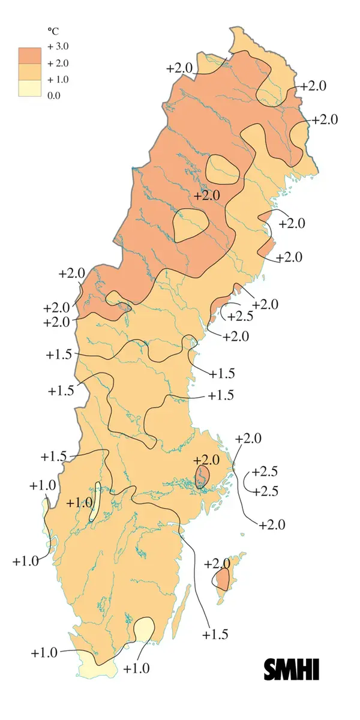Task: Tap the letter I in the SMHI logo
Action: tap(316, 669)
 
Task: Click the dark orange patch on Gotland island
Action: tap(223, 580)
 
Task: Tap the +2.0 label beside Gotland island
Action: tap(217, 564)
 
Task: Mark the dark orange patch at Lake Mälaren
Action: tap(202, 476)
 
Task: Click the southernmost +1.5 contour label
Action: tap(215, 634)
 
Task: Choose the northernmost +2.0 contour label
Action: tap(179, 68)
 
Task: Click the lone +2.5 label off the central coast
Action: tap(239, 316)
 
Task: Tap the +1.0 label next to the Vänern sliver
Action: tap(79, 503)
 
